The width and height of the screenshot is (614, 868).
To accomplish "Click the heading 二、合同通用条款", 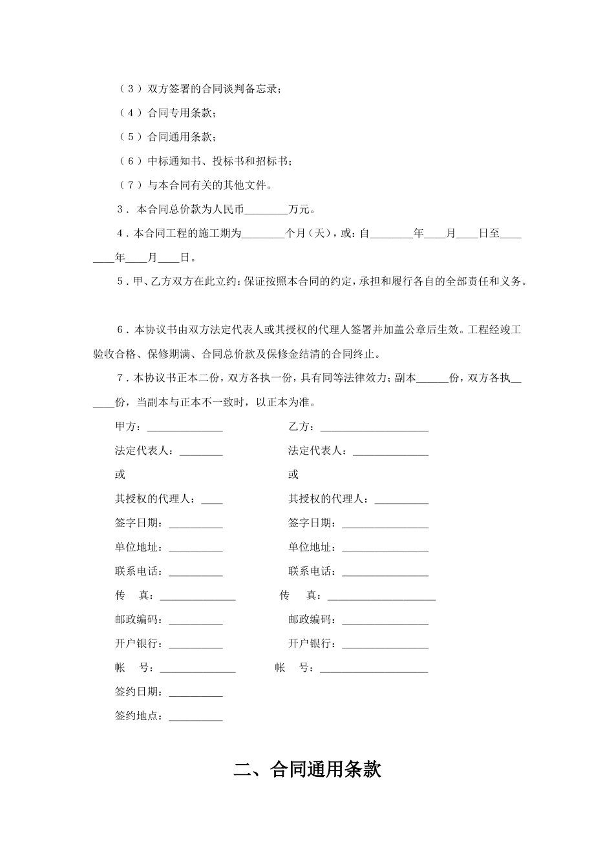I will [x=307, y=769].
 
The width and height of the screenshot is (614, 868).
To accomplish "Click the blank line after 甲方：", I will [x=185, y=428].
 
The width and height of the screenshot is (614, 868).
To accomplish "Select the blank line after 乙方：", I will [x=374, y=428].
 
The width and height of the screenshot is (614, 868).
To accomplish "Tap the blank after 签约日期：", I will [x=195, y=692].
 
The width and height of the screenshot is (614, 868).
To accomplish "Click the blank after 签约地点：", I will [x=195, y=717].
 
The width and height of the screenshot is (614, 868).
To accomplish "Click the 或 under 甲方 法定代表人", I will [x=120, y=475].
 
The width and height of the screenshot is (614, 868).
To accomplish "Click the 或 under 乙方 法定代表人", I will [x=293, y=475].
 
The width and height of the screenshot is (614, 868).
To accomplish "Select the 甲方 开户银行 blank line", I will [x=195, y=645].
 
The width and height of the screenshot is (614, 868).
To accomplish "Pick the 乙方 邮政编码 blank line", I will [x=385, y=621].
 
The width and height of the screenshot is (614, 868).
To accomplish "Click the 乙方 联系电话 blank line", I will [x=385, y=572].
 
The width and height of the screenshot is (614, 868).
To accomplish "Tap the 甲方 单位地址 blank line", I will [x=195, y=548].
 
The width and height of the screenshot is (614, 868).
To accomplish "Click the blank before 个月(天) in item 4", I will [x=262, y=234].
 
